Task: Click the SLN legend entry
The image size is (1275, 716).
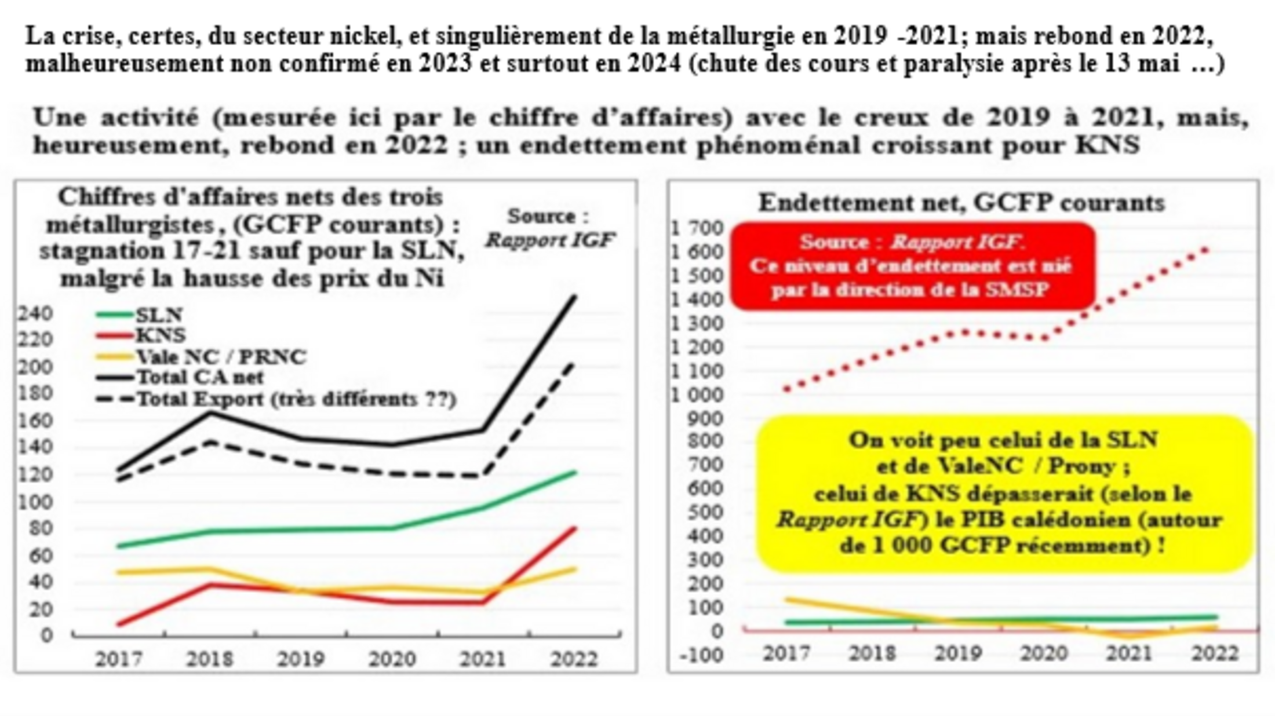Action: [x=158, y=315]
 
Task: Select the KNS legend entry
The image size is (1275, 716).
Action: [x=160, y=335]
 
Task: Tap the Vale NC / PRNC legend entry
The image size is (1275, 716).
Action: [x=220, y=356]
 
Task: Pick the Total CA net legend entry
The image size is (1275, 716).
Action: [x=199, y=377]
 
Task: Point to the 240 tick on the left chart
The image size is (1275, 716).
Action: [x=35, y=313]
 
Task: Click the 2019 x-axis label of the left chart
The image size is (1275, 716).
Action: [x=301, y=659]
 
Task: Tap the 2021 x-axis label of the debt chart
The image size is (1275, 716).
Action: [x=1129, y=653]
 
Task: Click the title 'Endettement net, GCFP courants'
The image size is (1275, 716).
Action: [x=961, y=203]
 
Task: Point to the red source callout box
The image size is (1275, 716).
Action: [x=912, y=266]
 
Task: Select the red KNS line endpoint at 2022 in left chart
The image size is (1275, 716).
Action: [x=574, y=528]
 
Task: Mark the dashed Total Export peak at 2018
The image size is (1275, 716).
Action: [x=210, y=443]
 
